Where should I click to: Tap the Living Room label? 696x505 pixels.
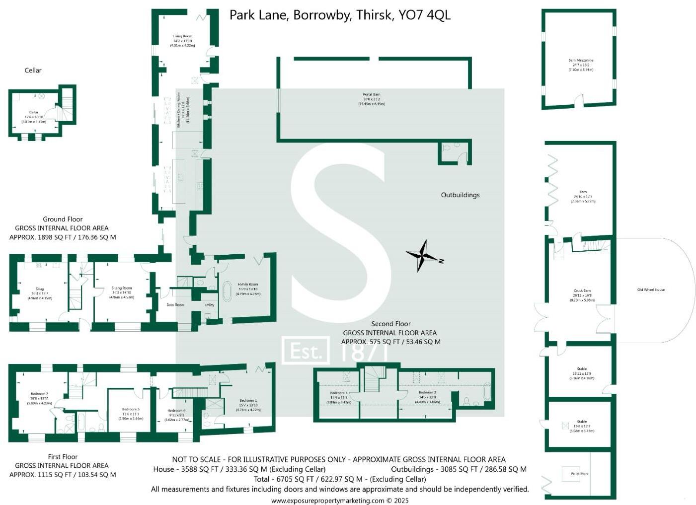[182, 36]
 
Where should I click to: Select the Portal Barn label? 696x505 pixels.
[371, 94]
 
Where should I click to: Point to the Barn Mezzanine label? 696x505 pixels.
[581, 61]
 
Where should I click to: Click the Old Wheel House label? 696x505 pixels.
[651, 289]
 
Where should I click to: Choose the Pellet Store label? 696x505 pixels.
[579, 474]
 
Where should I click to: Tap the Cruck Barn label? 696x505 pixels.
[582, 291]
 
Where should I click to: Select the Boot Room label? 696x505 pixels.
[175, 305]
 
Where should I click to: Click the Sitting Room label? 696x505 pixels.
[121, 288]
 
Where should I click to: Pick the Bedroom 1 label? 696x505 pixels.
[248, 400]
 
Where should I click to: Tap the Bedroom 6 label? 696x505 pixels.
[176, 411]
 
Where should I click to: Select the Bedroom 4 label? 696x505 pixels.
[339, 393]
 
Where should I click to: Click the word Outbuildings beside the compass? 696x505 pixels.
[460, 195]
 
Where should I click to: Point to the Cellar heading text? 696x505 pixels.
[33, 71]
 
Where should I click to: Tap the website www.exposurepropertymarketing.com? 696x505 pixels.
[328, 501]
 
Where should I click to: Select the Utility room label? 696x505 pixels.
[209, 305]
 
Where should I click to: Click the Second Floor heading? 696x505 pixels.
[390, 324]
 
